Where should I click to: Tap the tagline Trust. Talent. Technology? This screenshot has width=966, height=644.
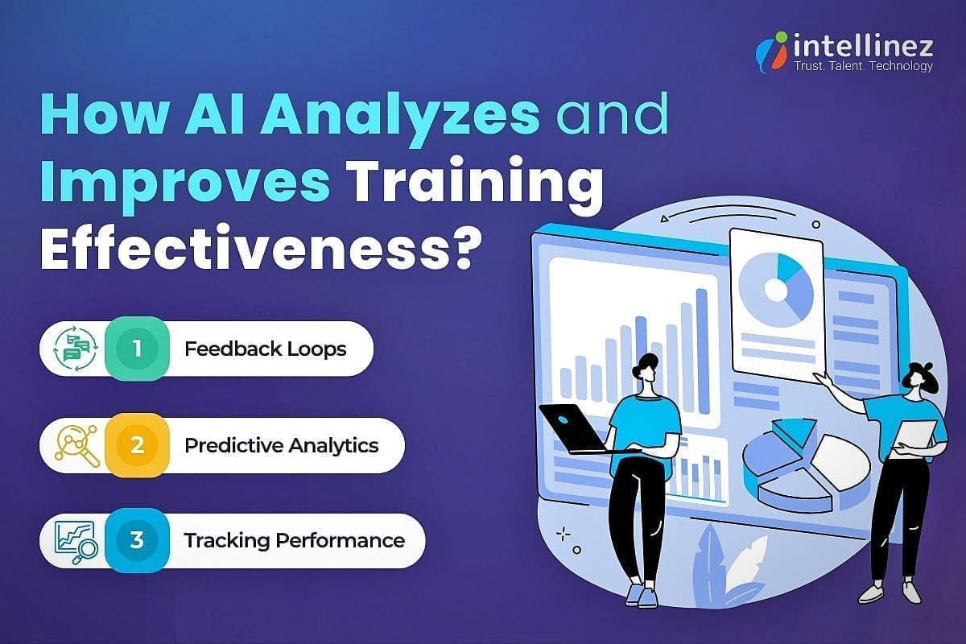[x=863, y=66]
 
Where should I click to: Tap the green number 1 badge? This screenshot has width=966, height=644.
[x=137, y=349]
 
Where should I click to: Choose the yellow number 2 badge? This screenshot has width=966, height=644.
[x=137, y=445]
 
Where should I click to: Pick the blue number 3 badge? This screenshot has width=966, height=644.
[x=137, y=539]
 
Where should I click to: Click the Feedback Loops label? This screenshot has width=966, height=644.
[x=265, y=349]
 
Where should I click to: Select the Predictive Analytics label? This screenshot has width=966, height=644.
[x=281, y=445]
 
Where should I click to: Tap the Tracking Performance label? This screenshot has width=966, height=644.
[x=294, y=539]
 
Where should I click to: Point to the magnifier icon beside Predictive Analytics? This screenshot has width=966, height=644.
[x=76, y=445]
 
